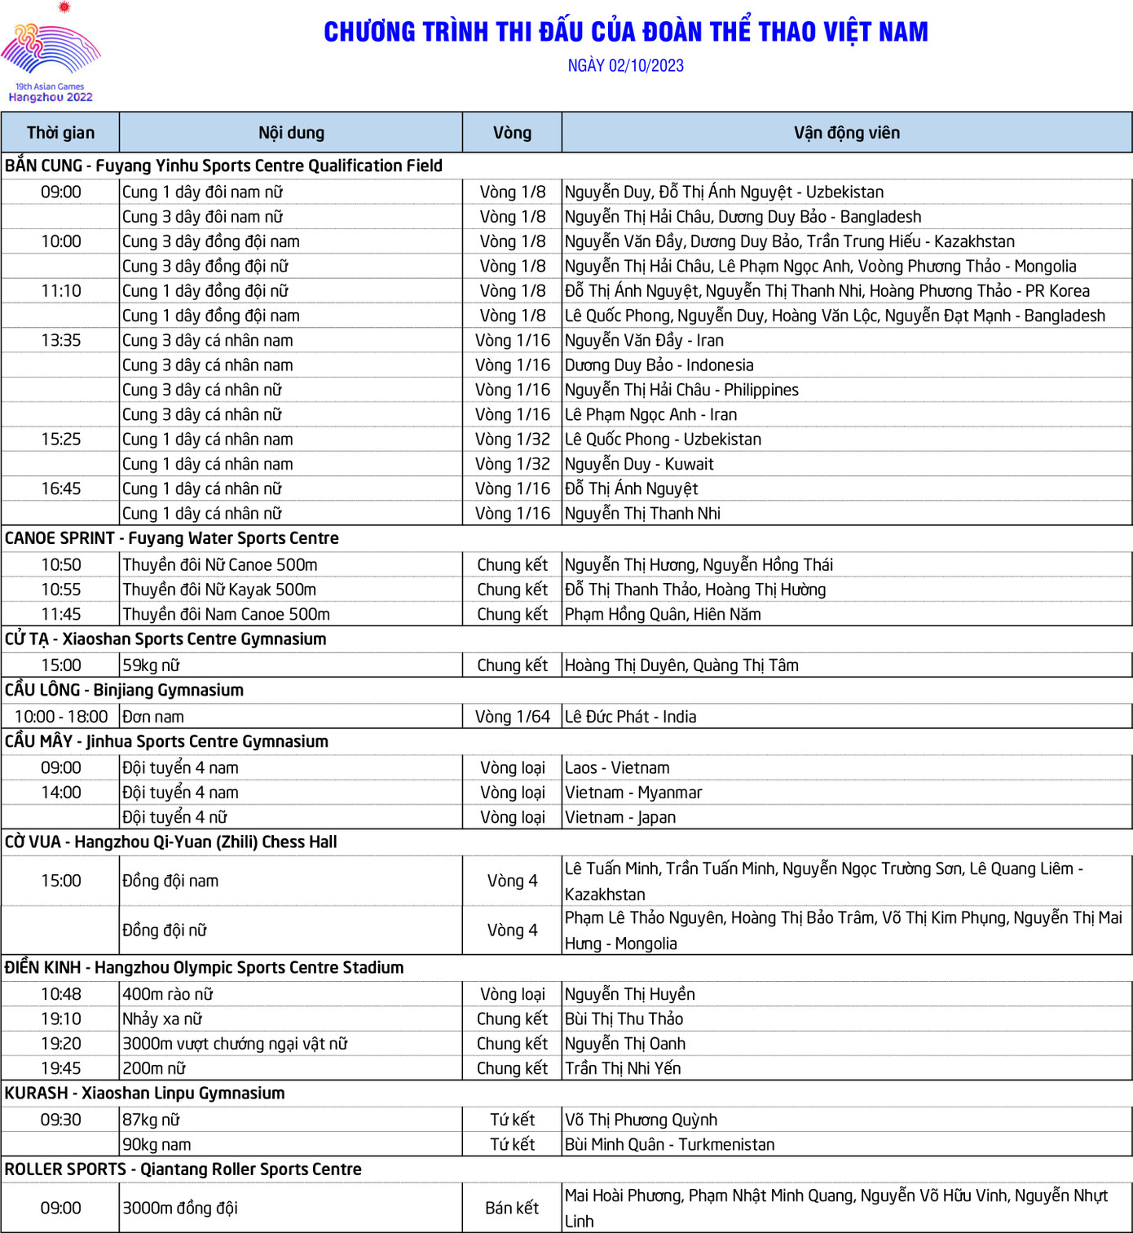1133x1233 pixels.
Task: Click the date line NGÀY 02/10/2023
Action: click(x=625, y=66)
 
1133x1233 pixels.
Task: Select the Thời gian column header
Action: click(x=60, y=133)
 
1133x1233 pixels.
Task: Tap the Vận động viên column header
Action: click(x=846, y=133)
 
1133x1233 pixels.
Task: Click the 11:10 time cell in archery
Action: click(x=60, y=291)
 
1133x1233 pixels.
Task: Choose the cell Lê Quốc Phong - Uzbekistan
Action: click(x=663, y=440)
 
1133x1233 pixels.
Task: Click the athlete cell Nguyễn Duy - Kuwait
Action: click(x=639, y=464)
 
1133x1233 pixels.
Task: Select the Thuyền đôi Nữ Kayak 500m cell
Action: click(x=219, y=590)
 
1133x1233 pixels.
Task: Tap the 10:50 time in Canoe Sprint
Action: click(x=60, y=565)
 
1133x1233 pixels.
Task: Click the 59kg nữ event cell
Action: click(x=151, y=665)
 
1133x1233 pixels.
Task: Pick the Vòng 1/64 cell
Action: click(x=512, y=717)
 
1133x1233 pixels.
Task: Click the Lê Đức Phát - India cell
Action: click(x=630, y=717)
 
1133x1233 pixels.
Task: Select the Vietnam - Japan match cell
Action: click(x=619, y=817)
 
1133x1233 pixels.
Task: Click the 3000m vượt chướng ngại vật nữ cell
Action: click(x=235, y=1044)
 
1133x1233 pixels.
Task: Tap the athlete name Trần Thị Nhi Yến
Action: click(x=623, y=1068)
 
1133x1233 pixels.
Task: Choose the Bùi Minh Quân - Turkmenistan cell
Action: click(x=669, y=1144)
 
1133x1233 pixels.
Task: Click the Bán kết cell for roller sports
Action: click(x=512, y=1208)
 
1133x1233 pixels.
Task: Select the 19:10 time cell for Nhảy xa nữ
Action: click(x=60, y=1019)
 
